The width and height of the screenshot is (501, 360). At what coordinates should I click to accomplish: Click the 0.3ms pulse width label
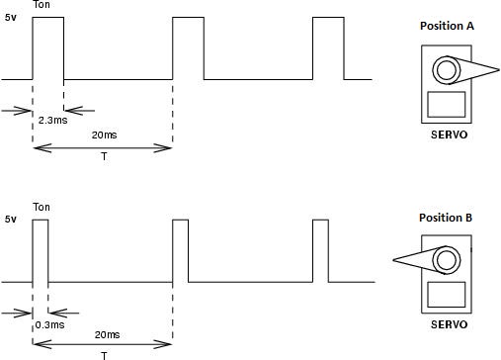[x=49, y=323]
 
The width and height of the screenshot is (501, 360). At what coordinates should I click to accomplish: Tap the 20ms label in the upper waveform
[x=102, y=134]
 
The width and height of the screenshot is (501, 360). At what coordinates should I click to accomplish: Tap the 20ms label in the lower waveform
[x=102, y=334]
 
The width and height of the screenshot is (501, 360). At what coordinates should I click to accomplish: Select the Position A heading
[x=447, y=26]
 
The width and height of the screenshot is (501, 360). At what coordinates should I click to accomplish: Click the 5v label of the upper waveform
[x=10, y=18]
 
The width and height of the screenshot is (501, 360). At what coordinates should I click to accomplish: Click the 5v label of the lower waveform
[x=10, y=218]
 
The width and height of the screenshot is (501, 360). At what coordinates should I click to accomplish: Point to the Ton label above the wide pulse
[x=42, y=6]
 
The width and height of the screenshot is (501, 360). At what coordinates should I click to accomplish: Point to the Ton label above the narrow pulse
[x=42, y=207]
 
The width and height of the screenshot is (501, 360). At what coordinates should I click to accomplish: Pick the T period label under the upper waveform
[x=103, y=157]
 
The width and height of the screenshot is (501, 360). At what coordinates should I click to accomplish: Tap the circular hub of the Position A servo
[x=446, y=70]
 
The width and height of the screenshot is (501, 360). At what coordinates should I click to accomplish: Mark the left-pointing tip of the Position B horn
[x=394, y=260]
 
